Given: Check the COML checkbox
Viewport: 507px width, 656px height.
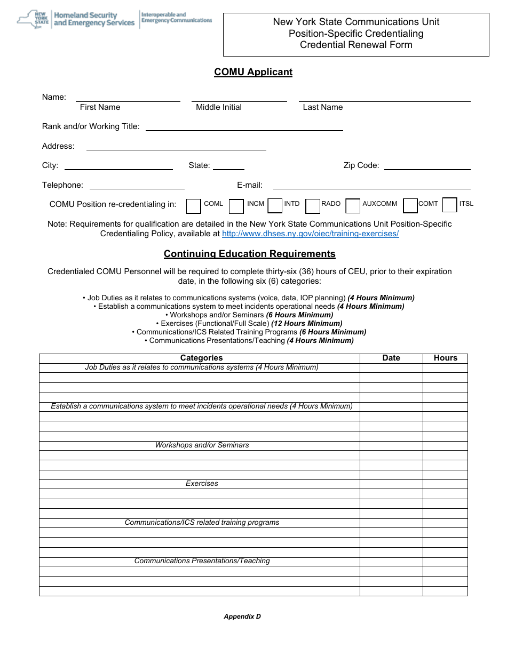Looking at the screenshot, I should [x=194, y=206].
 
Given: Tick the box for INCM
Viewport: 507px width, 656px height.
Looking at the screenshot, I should [x=236, y=206].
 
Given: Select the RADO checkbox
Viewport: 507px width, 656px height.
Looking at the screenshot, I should [x=313, y=206].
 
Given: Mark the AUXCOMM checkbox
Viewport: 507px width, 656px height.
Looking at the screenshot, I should [x=353, y=206].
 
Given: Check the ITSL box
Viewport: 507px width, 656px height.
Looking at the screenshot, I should [x=450, y=205].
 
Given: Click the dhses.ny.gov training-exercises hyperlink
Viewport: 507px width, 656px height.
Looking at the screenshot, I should [x=310, y=234].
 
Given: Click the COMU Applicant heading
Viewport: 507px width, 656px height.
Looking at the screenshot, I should [x=253, y=72].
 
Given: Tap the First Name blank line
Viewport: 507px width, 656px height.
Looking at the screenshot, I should [x=128, y=98].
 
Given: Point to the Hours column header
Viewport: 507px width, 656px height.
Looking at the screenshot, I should [x=445, y=358].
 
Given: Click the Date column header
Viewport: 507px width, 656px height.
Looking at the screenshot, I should [x=391, y=358].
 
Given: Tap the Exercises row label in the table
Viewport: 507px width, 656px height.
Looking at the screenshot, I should [x=202, y=484].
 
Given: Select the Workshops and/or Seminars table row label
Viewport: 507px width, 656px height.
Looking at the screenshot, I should [x=202, y=445].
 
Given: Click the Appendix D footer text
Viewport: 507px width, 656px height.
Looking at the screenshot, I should [x=242, y=617].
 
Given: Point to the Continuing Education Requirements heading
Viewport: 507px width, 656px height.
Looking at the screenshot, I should [x=249, y=254].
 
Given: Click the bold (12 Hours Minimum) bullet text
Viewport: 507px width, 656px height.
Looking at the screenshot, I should [x=307, y=323].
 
